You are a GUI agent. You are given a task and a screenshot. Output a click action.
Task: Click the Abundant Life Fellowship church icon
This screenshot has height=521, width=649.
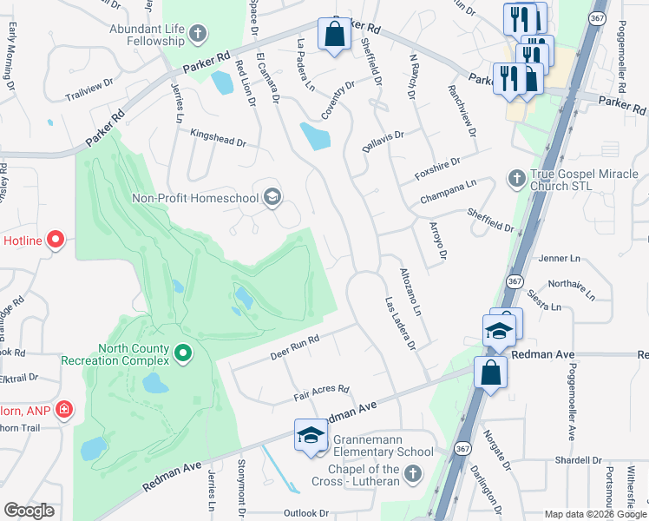coord(198,35)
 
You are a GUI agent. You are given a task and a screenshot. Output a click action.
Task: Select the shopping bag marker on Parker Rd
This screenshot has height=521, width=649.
coord(334,35)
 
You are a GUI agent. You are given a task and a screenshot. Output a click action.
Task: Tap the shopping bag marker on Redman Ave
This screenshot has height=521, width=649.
coord(490,373)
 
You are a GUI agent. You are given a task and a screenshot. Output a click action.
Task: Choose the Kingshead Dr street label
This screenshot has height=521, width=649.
coord(219,137)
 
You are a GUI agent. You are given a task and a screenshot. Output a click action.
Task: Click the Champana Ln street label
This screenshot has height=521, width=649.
coord(448,191)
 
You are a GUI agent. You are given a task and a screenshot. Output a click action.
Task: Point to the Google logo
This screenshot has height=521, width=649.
coord(29,511)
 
